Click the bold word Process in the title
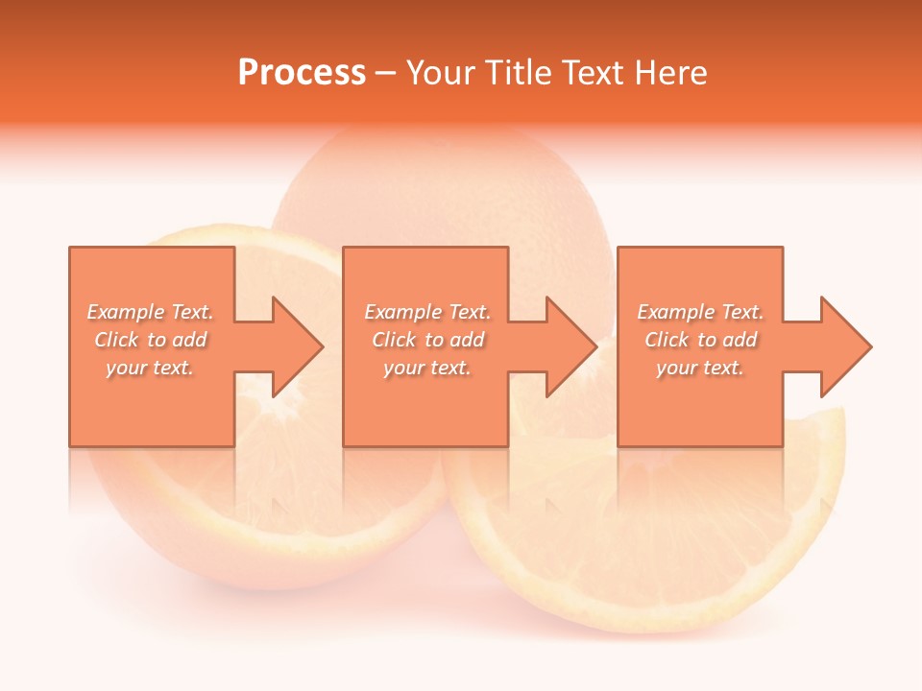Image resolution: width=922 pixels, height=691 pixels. (302, 72)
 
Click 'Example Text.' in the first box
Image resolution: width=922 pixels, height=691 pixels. (150, 312)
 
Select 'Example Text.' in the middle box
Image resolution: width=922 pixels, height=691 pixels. (427, 312)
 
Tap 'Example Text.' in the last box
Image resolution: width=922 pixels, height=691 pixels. (700, 312)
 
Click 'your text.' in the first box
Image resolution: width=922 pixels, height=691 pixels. (150, 368)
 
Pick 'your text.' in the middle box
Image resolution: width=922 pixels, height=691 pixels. (427, 368)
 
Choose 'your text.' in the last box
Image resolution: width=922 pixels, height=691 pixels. (700, 368)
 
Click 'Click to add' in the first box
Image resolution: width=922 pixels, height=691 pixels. (151, 340)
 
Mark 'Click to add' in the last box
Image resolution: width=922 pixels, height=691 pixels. (701, 340)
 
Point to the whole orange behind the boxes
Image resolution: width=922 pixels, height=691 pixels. (442, 192)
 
